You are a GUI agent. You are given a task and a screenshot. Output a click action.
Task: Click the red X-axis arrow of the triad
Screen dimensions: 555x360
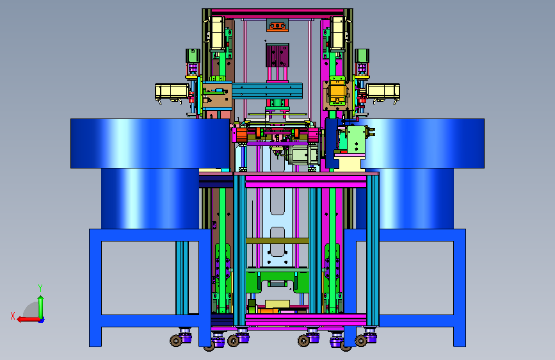(x=28, y=320)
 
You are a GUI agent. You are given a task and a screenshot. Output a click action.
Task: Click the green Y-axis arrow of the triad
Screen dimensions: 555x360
(x=41, y=307)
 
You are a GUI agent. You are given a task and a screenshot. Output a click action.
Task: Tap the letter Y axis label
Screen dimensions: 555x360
(x=40, y=288)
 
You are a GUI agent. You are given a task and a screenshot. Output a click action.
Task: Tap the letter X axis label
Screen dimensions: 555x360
(x=13, y=316)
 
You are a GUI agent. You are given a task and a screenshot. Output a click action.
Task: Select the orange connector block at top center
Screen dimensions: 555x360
(x=277, y=26)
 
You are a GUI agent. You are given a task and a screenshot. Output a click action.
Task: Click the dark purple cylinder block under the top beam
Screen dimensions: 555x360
(x=278, y=55)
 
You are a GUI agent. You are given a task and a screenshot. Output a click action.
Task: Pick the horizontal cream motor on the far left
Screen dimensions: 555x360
(x=172, y=92)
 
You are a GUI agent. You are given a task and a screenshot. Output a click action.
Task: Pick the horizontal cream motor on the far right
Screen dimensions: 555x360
(x=383, y=92)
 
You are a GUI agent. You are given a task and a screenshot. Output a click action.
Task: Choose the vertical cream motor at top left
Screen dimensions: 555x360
(x=217, y=33)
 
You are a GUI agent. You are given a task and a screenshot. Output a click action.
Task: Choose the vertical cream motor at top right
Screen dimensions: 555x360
(x=337, y=33)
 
